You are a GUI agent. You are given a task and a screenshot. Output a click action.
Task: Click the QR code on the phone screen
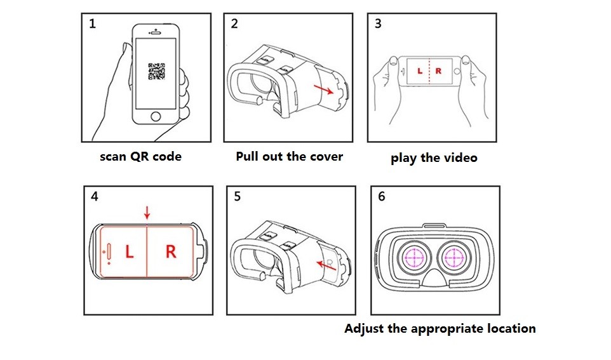156,71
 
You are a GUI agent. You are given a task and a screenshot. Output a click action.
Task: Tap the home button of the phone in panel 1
156,116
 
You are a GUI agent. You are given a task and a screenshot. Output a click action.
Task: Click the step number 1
92,23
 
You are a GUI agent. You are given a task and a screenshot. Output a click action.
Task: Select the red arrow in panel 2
323,90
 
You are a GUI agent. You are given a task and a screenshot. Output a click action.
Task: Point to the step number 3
378,23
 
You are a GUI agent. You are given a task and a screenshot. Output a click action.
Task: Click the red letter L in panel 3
420,71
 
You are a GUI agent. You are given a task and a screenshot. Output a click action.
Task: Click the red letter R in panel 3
438,71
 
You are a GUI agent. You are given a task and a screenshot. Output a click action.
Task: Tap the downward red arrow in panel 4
147,213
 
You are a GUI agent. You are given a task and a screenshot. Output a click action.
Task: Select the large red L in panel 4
130,251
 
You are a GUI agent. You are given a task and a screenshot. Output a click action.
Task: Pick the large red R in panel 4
171,251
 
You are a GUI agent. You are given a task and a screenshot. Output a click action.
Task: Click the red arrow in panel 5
326,265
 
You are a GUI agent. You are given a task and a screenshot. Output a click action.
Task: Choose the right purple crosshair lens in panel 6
454,257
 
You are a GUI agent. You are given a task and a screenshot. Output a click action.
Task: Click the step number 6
382,196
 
